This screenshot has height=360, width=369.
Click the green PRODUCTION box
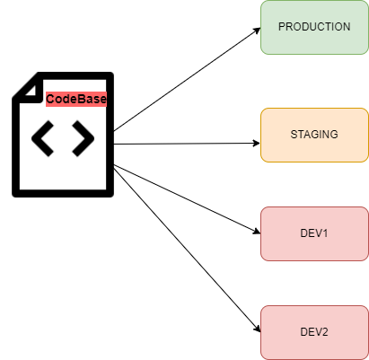tap(314, 27)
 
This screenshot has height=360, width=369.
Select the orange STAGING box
tap(314, 135)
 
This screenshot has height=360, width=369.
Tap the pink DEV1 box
tap(314, 233)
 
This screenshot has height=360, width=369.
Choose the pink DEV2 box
tap(314, 332)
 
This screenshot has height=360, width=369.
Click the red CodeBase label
tap(76, 100)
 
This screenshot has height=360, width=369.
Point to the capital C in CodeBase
tap(50, 100)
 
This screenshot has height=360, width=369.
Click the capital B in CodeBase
tap(81, 100)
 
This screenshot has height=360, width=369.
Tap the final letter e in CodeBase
tap(102, 100)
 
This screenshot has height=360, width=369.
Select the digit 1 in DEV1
tap(326, 233)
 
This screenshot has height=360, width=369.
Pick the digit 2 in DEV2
tap(326, 332)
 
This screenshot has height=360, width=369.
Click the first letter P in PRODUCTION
tap(282, 27)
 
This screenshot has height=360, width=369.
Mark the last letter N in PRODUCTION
tap(347, 27)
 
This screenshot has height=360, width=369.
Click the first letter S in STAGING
tap(294, 135)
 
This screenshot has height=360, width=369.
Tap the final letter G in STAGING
tap(334, 135)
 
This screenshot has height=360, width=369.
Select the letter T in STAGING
tap(301, 135)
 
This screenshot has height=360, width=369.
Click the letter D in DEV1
tap(303, 233)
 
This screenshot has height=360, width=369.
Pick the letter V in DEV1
tap(318, 233)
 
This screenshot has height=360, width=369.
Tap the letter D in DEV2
tap(303, 332)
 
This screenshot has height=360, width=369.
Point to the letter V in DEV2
tap(318, 332)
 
